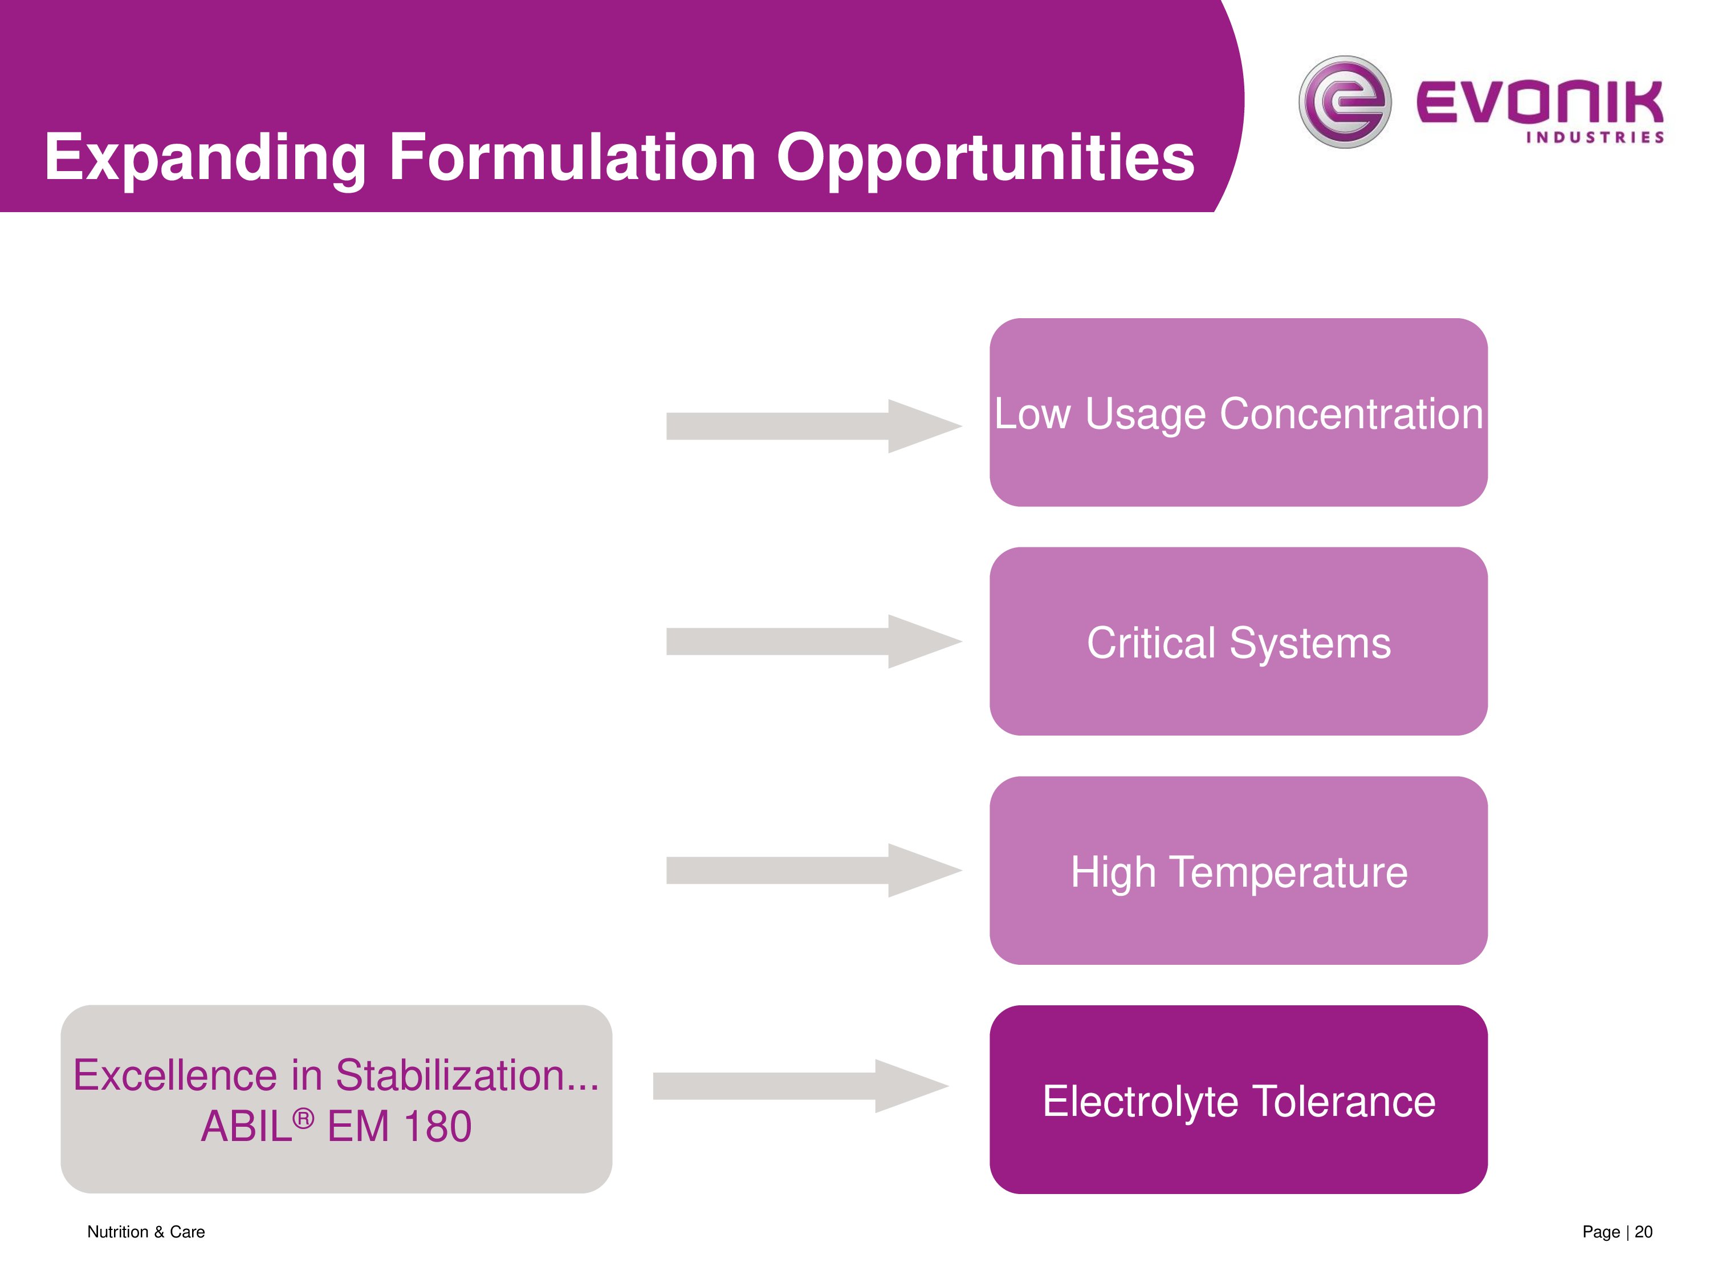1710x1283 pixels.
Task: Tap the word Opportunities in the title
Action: point(986,159)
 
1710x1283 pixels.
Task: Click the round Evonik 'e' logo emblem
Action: point(1345,101)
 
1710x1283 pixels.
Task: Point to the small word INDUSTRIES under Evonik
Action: point(1595,137)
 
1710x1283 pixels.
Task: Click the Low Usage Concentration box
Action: point(1239,412)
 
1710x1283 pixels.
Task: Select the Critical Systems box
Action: point(1239,641)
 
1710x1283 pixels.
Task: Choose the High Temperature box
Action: point(1239,870)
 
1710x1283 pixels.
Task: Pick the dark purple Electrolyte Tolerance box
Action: point(1239,1099)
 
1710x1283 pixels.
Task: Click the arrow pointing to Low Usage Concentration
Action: point(814,426)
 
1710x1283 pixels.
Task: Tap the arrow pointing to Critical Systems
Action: point(814,641)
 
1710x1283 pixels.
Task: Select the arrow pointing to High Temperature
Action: point(814,870)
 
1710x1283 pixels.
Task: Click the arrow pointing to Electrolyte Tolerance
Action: point(801,1086)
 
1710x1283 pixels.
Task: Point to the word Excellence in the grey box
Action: point(176,1075)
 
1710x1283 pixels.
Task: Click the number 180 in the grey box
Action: point(438,1126)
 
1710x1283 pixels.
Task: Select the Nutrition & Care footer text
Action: point(146,1232)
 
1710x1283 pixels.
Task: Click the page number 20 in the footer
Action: point(1643,1232)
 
